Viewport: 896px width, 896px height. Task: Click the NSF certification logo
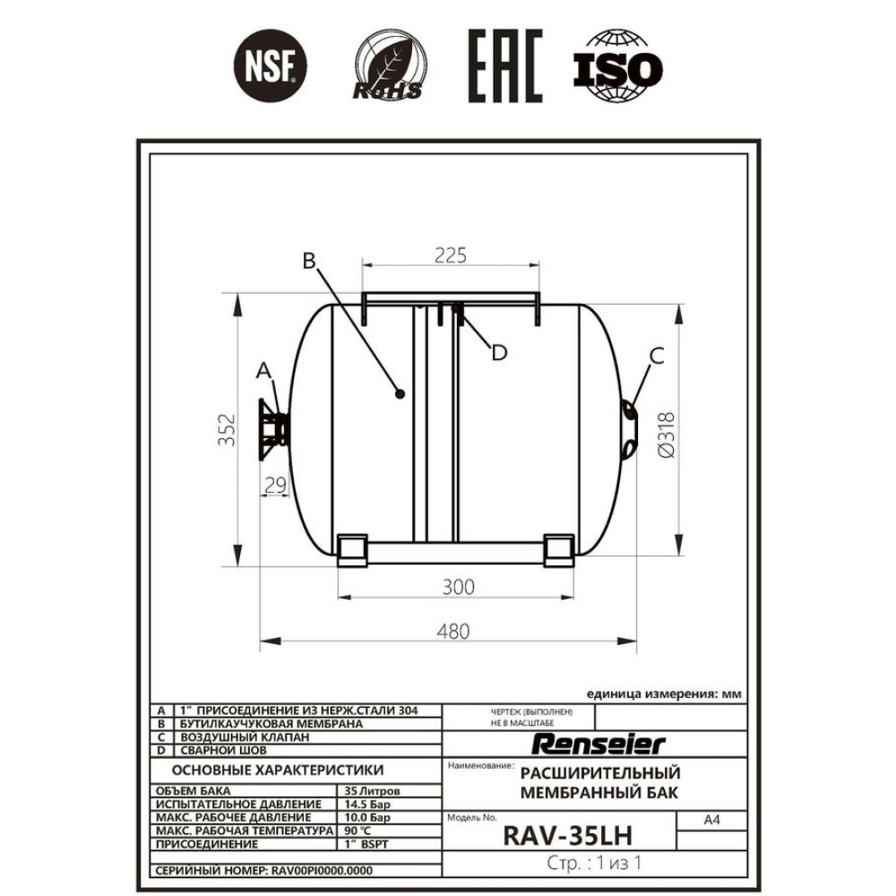pyautogui.click(x=271, y=65)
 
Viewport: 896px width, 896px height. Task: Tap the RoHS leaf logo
pyautogui.click(x=389, y=65)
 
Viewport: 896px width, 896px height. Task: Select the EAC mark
pyautogui.click(x=505, y=66)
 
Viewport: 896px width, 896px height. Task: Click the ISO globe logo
pyautogui.click(x=617, y=66)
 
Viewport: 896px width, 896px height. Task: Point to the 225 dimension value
pyautogui.click(x=451, y=255)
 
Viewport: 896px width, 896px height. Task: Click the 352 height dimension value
pyautogui.click(x=227, y=430)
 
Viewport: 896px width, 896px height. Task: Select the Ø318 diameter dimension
pyautogui.click(x=667, y=435)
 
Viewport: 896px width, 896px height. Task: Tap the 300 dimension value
pyautogui.click(x=458, y=587)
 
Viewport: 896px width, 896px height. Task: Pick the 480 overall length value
pyautogui.click(x=453, y=632)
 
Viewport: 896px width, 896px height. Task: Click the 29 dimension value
pyautogui.click(x=275, y=485)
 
